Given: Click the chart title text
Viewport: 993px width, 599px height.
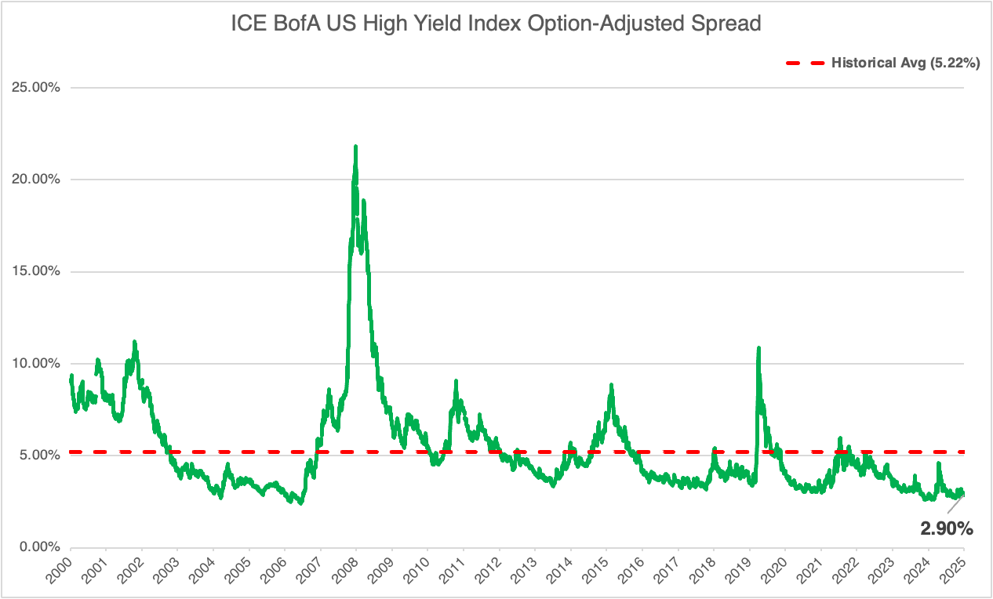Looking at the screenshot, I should pyautogui.click(x=497, y=24).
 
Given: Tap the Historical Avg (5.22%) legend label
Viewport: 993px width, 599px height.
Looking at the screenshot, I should pyautogui.click(x=905, y=64).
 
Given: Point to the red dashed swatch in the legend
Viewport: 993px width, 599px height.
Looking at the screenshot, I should pyautogui.click(x=804, y=64).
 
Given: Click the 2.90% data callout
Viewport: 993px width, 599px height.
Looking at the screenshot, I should pyautogui.click(x=947, y=529).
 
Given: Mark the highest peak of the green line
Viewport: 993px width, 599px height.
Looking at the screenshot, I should pyautogui.click(x=356, y=147).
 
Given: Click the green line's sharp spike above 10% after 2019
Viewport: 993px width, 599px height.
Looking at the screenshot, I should pyautogui.click(x=758, y=347).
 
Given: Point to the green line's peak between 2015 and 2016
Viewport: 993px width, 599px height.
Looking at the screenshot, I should pyautogui.click(x=611, y=385).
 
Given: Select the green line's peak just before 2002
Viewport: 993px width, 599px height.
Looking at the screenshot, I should pyautogui.click(x=134, y=342).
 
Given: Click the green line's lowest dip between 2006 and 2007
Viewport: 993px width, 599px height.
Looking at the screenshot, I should pyautogui.click(x=300, y=503).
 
